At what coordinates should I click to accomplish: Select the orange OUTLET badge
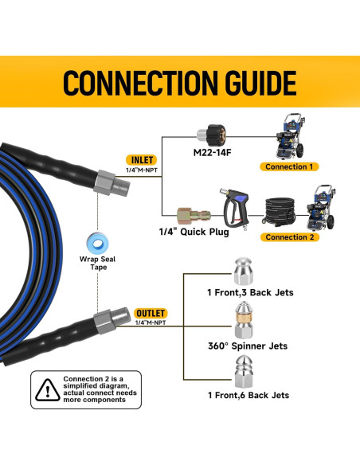151,313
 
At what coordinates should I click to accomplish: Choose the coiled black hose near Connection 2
280,209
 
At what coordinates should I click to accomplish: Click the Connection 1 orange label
290,166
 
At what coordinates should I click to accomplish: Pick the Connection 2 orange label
290,237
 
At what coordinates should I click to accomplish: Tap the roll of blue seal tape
96,241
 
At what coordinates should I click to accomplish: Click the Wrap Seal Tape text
96,263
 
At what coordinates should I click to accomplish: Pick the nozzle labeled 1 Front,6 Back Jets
242,371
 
